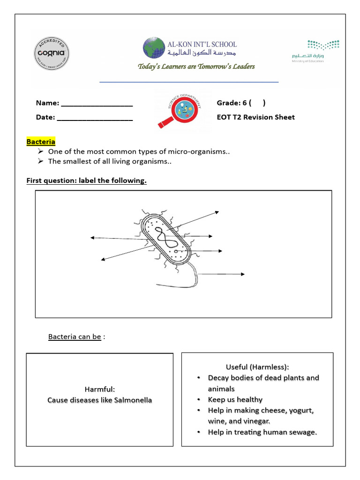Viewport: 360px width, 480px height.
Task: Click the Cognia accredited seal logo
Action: (x=52, y=53)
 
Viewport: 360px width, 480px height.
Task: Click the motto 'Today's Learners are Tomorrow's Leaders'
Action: (x=196, y=67)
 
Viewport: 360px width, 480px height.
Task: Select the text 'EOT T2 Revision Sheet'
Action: (x=255, y=117)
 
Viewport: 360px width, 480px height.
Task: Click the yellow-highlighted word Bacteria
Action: (x=41, y=142)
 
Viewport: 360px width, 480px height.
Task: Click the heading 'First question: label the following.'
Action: (x=86, y=181)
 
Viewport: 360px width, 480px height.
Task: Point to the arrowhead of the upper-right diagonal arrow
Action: (x=217, y=212)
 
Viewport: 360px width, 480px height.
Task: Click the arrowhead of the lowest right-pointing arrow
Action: (x=243, y=274)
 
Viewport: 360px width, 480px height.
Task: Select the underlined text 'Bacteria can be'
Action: (x=75, y=337)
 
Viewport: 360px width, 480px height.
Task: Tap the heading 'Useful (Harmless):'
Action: (x=257, y=367)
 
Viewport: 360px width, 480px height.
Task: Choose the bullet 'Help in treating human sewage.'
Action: (x=262, y=432)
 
